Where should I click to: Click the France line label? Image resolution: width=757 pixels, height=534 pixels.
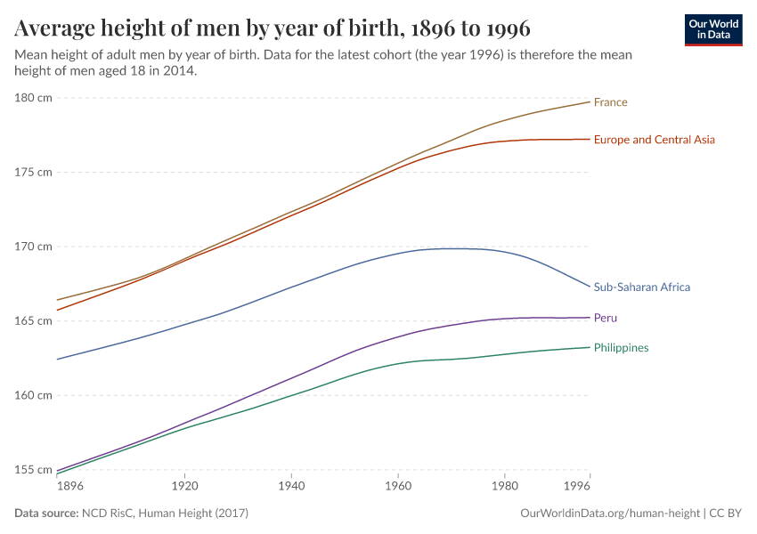coord(610,102)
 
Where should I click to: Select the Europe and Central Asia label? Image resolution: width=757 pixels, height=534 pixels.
coord(654,140)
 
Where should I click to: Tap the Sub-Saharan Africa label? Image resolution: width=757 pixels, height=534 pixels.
coord(641,287)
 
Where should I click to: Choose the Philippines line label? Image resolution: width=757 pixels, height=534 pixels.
coord(621,348)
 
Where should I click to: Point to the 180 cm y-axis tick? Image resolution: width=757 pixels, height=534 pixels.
coord(33,97)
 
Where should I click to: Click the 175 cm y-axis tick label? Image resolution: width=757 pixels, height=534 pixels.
coord(33,172)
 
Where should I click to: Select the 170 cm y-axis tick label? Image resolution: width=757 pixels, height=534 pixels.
coord(33,246)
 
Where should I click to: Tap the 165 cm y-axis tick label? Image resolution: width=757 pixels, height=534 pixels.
coord(33,320)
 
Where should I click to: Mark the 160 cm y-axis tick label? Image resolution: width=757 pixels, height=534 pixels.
coord(33,394)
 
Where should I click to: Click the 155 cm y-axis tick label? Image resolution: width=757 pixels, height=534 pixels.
coord(33,469)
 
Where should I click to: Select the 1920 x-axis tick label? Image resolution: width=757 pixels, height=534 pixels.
coord(183,488)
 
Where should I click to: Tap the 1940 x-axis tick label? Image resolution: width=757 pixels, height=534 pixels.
coord(290,488)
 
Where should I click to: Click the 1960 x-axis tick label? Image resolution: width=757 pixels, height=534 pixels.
coord(397,488)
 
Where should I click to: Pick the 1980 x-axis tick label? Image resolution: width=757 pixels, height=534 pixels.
coord(504,488)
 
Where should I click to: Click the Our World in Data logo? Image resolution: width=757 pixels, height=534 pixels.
coord(713,29)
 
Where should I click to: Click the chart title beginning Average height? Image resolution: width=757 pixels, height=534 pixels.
coord(273,28)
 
